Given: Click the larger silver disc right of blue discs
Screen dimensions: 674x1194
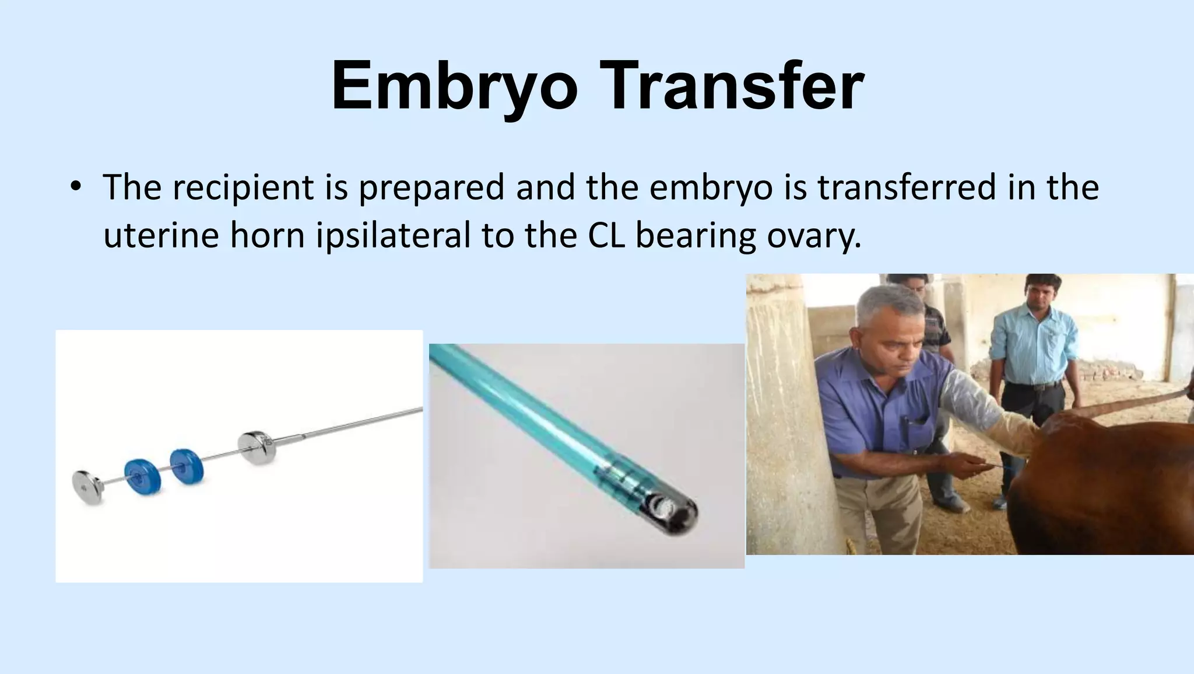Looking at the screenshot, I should pos(256,448).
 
